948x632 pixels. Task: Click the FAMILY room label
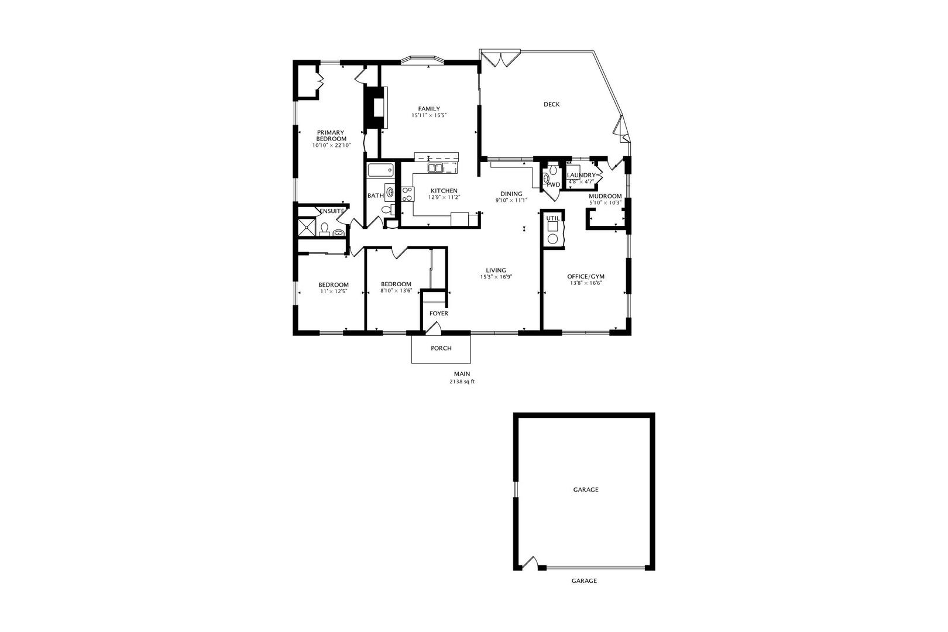click(429, 109)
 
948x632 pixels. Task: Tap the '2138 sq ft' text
click(462, 382)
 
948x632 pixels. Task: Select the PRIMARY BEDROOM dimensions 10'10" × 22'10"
click(331, 145)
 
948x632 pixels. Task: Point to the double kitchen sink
click(435, 168)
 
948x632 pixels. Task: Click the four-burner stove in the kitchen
click(407, 194)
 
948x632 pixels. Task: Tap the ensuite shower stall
click(307, 227)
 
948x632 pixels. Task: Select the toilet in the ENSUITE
click(325, 228)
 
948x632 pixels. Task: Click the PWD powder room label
click(553, 184)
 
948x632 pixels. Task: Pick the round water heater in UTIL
click(552, 239)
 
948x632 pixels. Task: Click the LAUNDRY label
click(581, 175)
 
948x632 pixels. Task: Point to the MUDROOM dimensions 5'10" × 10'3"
click(605, 202)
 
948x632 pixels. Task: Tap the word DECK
click(551, 104)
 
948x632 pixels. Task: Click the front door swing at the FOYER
click(434, 327)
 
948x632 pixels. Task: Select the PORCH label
click(441, 348)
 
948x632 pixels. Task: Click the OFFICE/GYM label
click(586, 276)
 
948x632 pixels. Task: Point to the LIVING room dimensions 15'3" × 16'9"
click(496, 277)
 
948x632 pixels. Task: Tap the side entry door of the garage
click(530, 563)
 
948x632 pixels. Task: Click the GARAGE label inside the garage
click(586, 490)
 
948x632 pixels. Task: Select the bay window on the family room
click(423, 60)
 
